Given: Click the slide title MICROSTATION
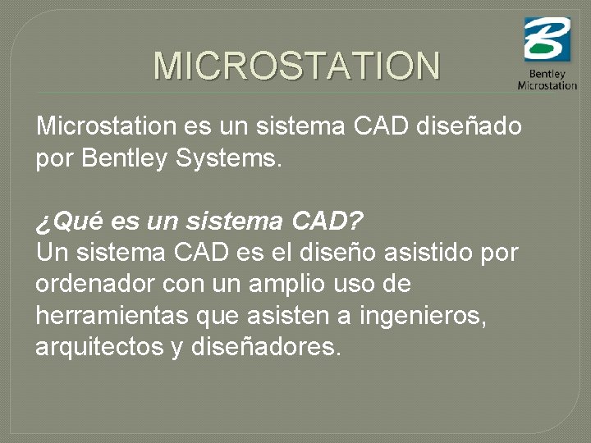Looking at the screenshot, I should pos(297,66).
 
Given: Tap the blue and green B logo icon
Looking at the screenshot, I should pos(547,39).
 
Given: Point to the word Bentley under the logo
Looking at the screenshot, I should pos(547,75).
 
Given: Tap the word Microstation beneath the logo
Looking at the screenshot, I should pos(547,85).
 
